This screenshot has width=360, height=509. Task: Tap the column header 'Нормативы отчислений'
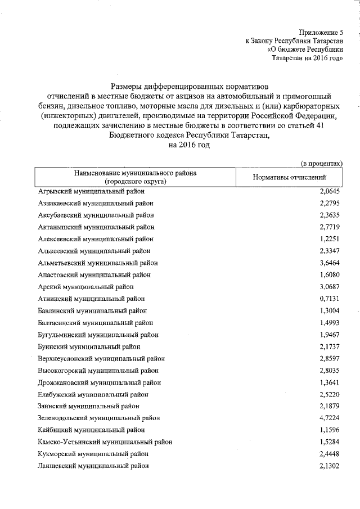(x=290, y=177)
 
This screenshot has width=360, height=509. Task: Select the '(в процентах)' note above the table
(x=322, y=163)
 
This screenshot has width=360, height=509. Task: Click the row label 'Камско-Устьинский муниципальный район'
(x=105, y=442)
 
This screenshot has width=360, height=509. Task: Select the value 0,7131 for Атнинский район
(x=330, y=299)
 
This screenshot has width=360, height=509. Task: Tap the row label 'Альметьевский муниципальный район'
(x=98, y=263)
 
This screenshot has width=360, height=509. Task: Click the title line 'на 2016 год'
(x=188, y=145)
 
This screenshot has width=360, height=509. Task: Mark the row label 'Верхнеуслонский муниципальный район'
(x=101, y=358)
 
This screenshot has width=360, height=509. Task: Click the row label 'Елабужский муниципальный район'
(x=93, y=394)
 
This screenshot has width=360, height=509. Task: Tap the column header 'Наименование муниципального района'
(x=134, y=173)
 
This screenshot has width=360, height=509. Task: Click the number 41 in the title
(x=319, y=125)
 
